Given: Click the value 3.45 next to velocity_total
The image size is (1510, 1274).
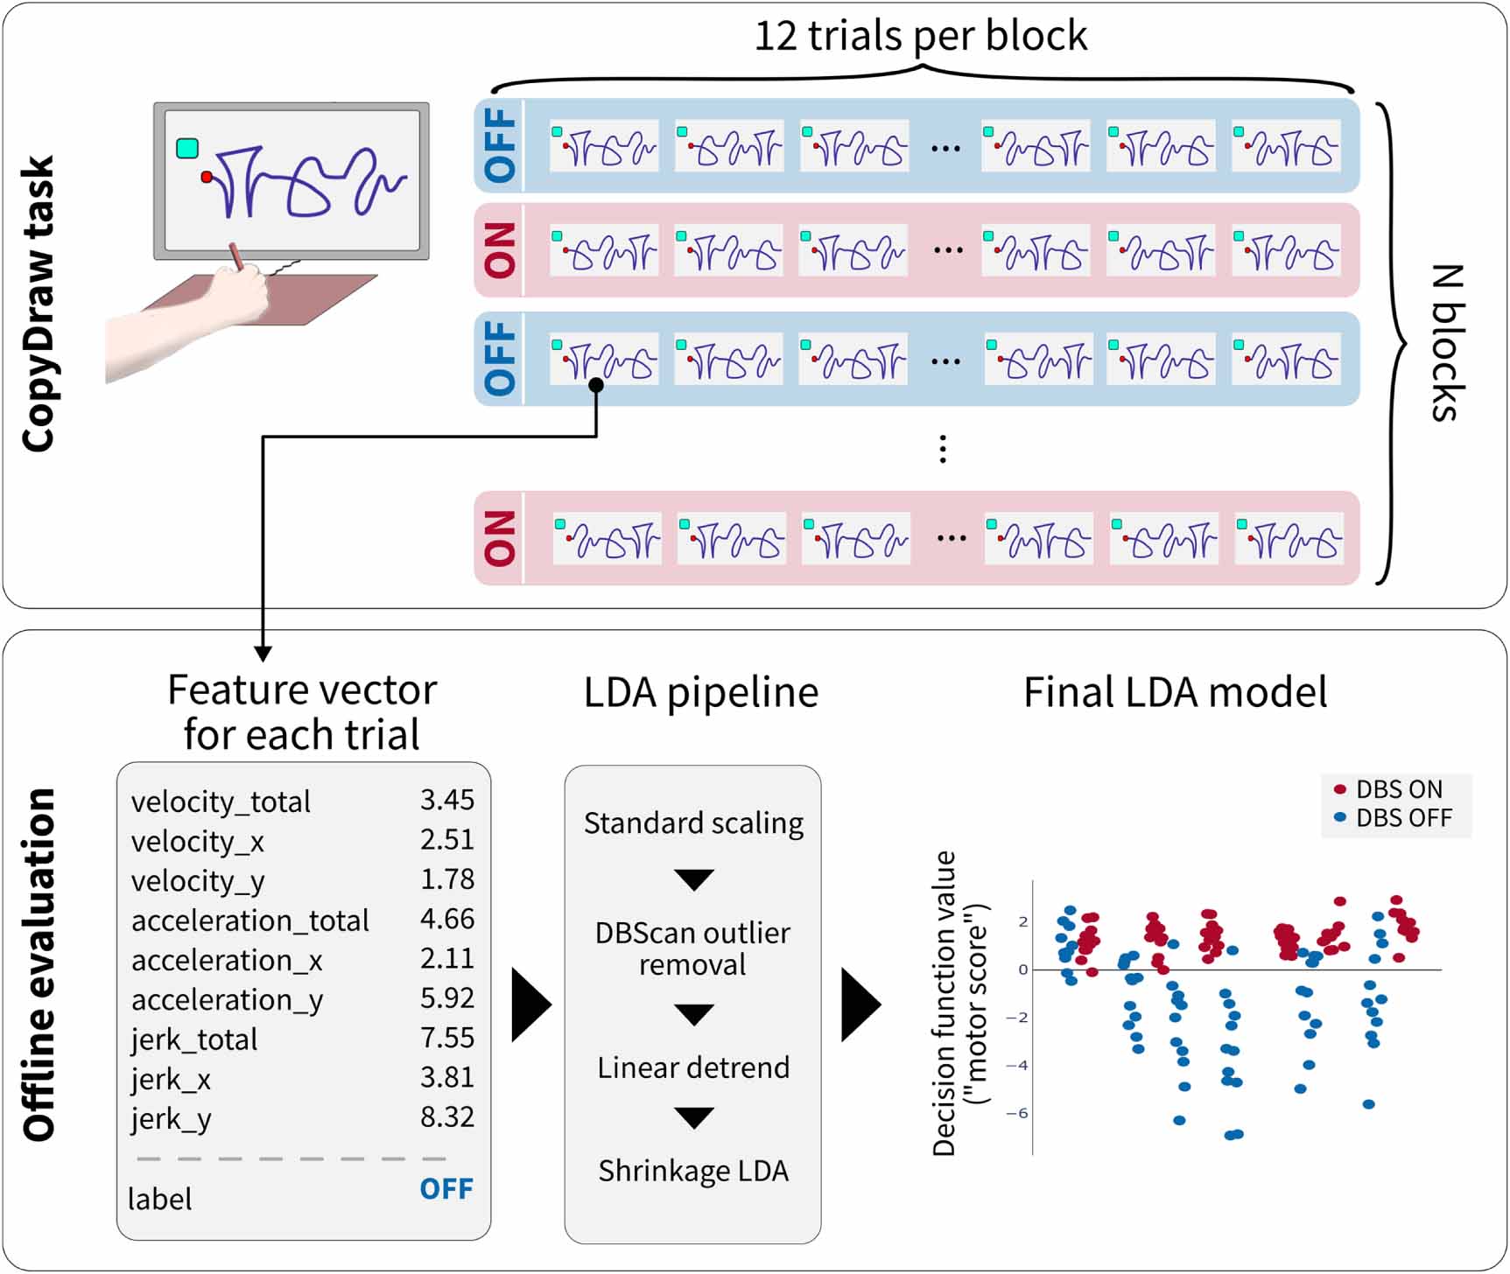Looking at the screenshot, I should pyautogui.click(x=446, y=799).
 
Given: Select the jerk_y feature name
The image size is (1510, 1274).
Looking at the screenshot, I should pyautogui.click(x=171, y=1118).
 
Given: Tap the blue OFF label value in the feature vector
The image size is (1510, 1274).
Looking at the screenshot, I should pyautogui.click(x=446, y=1188).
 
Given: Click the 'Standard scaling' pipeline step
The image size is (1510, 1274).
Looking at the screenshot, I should pyautogui.click(x=693, y=823).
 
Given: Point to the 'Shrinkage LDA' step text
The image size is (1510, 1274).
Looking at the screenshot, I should pyautogui.click(x=693, y=1171).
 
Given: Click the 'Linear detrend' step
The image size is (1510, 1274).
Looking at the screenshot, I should pyautogui.click(x=693, y=1067).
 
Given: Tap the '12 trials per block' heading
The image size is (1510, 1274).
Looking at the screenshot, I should pyautogui.click(x=920, y=36).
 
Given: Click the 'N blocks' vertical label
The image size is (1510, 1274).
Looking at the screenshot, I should pyautogui.click(x=1445, y=343).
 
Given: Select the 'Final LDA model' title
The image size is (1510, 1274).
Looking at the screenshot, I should pyautogui.click(x=1175, y=692).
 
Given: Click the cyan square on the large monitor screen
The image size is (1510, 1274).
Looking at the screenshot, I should pyautogui.click(x=187, y=148).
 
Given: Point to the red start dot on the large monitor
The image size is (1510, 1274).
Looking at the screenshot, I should pyautogui.click(x=207, y=177).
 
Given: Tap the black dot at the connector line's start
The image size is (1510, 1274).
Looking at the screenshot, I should pyautogui.click(x=596, y=385).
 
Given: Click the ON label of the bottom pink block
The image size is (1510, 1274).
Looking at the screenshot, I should pyautogui.click(x=500, y=538).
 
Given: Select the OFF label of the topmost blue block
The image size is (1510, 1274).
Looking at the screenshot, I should pyautogui.click(x=500, y=145).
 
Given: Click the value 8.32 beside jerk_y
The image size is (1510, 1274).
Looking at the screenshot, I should pyautogui.click(x=446, y=1116).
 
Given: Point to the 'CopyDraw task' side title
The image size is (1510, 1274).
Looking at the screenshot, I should pyautogui.click(x=39, y=304).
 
